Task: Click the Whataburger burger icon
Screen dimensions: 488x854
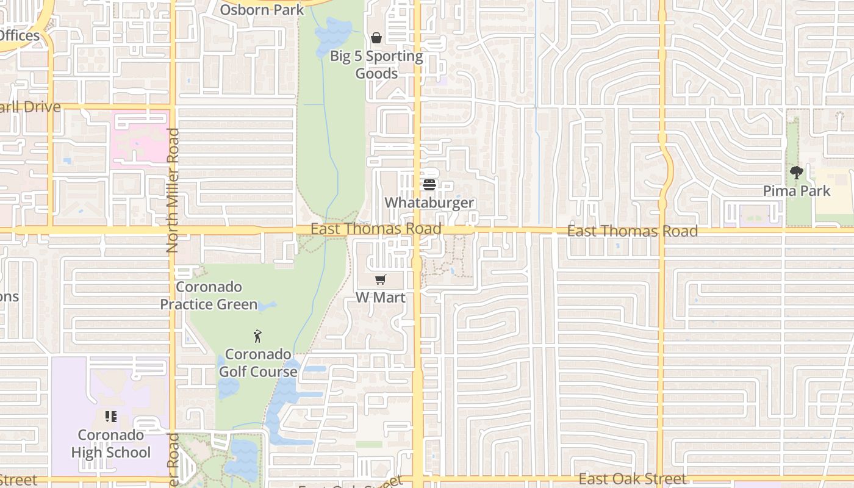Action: point(429,185)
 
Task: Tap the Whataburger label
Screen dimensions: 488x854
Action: point(429,203)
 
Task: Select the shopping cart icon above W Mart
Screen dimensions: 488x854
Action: point(381,280)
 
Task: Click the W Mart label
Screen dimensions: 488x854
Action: point(381,298)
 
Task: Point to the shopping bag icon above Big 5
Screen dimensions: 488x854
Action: point(376,38)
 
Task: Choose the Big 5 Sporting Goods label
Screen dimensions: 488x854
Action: point(376,65)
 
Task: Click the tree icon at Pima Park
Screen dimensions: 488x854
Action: point(796,173)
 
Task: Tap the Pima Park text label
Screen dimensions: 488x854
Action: point(797,191)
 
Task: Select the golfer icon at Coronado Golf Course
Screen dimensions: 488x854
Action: point(258,336)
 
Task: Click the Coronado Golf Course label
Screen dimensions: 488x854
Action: point(258,363)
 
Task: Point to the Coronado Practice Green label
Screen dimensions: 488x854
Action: point(209,295)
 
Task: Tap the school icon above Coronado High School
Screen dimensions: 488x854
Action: point(110,417)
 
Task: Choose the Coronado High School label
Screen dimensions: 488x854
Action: point(110,443)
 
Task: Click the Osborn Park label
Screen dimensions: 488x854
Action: point(262,10)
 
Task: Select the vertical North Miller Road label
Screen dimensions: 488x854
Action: point(173,190)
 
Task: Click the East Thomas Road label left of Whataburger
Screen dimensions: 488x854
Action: point(376,229)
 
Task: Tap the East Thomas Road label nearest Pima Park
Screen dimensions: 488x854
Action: point(633,231)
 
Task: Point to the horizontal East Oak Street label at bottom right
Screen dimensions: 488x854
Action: point(633,479)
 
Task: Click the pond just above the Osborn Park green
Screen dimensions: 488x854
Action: point(332,34)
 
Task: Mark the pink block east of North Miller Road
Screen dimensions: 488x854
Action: point(140,137)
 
